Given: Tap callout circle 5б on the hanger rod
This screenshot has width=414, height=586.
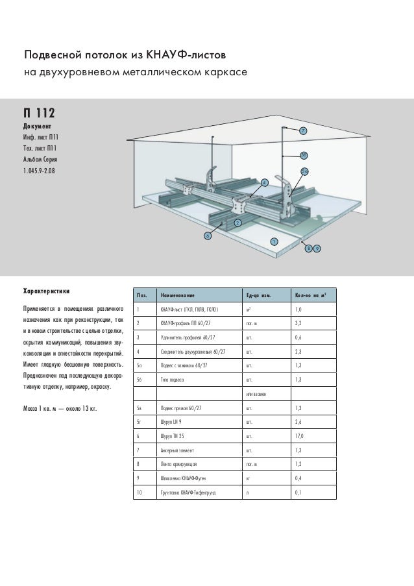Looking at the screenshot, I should (x=304, y=154).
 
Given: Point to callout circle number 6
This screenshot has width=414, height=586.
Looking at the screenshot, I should (x=208, y=236).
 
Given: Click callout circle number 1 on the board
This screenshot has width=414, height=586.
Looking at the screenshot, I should (x=273, y=241).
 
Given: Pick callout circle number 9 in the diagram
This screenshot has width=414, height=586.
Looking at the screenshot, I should (x=317, y=249).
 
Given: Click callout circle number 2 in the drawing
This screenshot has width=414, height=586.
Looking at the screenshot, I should (x=237, y=223).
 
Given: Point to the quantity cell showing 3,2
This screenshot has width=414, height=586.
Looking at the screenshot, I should (x=298, y=323).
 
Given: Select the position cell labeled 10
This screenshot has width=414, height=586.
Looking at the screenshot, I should (x=139, y=493).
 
